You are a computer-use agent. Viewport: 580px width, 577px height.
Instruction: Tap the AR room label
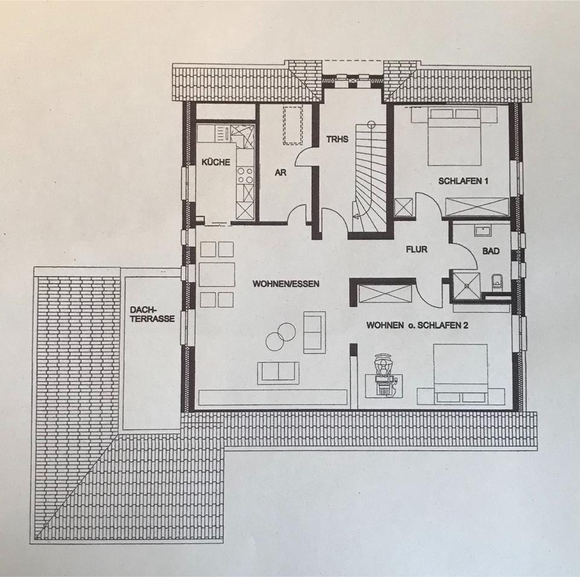(x=280, y=173)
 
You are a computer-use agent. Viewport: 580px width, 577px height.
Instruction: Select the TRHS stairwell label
(x=337, y=139)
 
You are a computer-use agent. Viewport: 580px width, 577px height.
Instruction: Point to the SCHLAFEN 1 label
(x=463, y=181)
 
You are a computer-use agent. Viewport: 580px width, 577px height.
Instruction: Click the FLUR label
(x=417, y=248)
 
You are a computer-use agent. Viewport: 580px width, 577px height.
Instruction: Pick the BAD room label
(x=491, y=250)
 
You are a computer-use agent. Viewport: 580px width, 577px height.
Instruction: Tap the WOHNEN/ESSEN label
(x=286, y=282)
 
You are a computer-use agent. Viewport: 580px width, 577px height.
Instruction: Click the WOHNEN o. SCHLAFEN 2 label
(x=417, y=325)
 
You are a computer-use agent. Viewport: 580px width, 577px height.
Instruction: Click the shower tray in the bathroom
(x=466, y=285)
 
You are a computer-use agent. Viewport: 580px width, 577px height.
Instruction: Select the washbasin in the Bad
(x=483, y=230)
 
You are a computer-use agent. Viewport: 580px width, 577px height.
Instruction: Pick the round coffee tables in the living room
(x=280, y=336)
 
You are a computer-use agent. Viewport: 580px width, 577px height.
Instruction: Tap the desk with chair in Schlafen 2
(x=383, y=377)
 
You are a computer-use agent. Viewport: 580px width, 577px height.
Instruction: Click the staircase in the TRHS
(x=369, y=178)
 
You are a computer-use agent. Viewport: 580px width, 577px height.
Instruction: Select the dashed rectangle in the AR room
(x=293, y=125)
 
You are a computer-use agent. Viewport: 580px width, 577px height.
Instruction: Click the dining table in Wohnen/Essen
(x=217, y=274)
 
